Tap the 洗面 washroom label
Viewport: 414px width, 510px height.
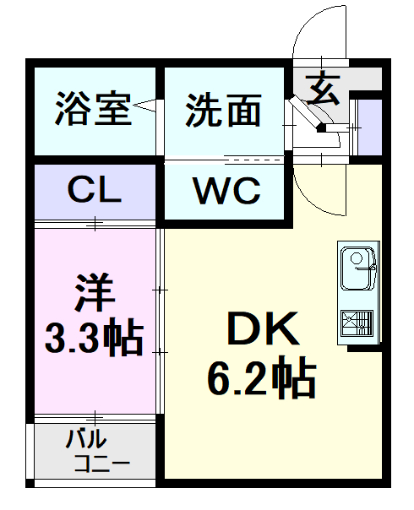pyautogui.click(x=222, y=110)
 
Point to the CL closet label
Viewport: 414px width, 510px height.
pyautogui.click(x=95, y=191)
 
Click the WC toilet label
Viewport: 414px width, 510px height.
pyautogui.click(x=226, y=192)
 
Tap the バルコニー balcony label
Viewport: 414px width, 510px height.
pyautogui.click(x=93, y=452)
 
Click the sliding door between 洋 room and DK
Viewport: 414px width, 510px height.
pyautogui.click(x=161, y=321)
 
